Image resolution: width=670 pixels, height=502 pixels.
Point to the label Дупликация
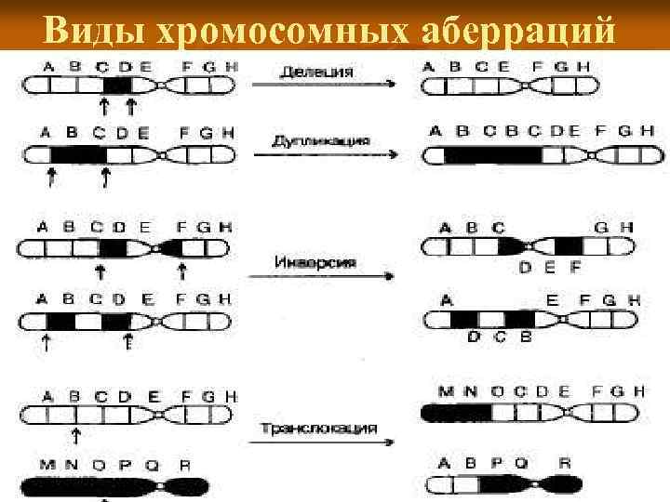tap(320, 140)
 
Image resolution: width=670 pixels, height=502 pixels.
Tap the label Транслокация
tap(319, 429)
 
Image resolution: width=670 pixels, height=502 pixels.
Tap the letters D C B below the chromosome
tap(500, 337)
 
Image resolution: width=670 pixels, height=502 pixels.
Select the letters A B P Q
tap(481, 463)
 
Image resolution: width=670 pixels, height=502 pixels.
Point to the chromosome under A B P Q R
tap(503, 484)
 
